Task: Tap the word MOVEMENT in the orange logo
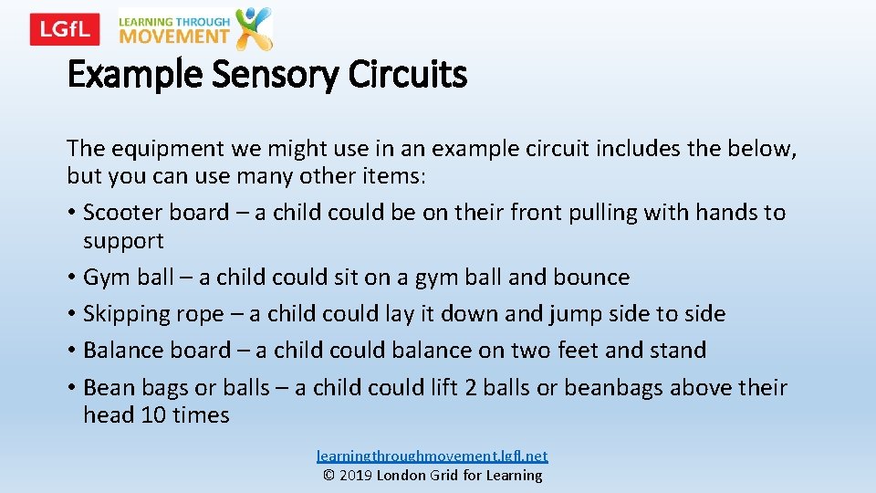[x=173, y=37]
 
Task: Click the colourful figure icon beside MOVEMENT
[x=253, y=28]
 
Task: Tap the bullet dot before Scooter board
[x=71, y=214]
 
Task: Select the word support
[x=123, y=241]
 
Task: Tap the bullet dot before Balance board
[x=71, y=351]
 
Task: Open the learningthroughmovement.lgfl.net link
[x=433, y=456]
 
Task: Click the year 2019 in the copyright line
[x=359, y=476]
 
